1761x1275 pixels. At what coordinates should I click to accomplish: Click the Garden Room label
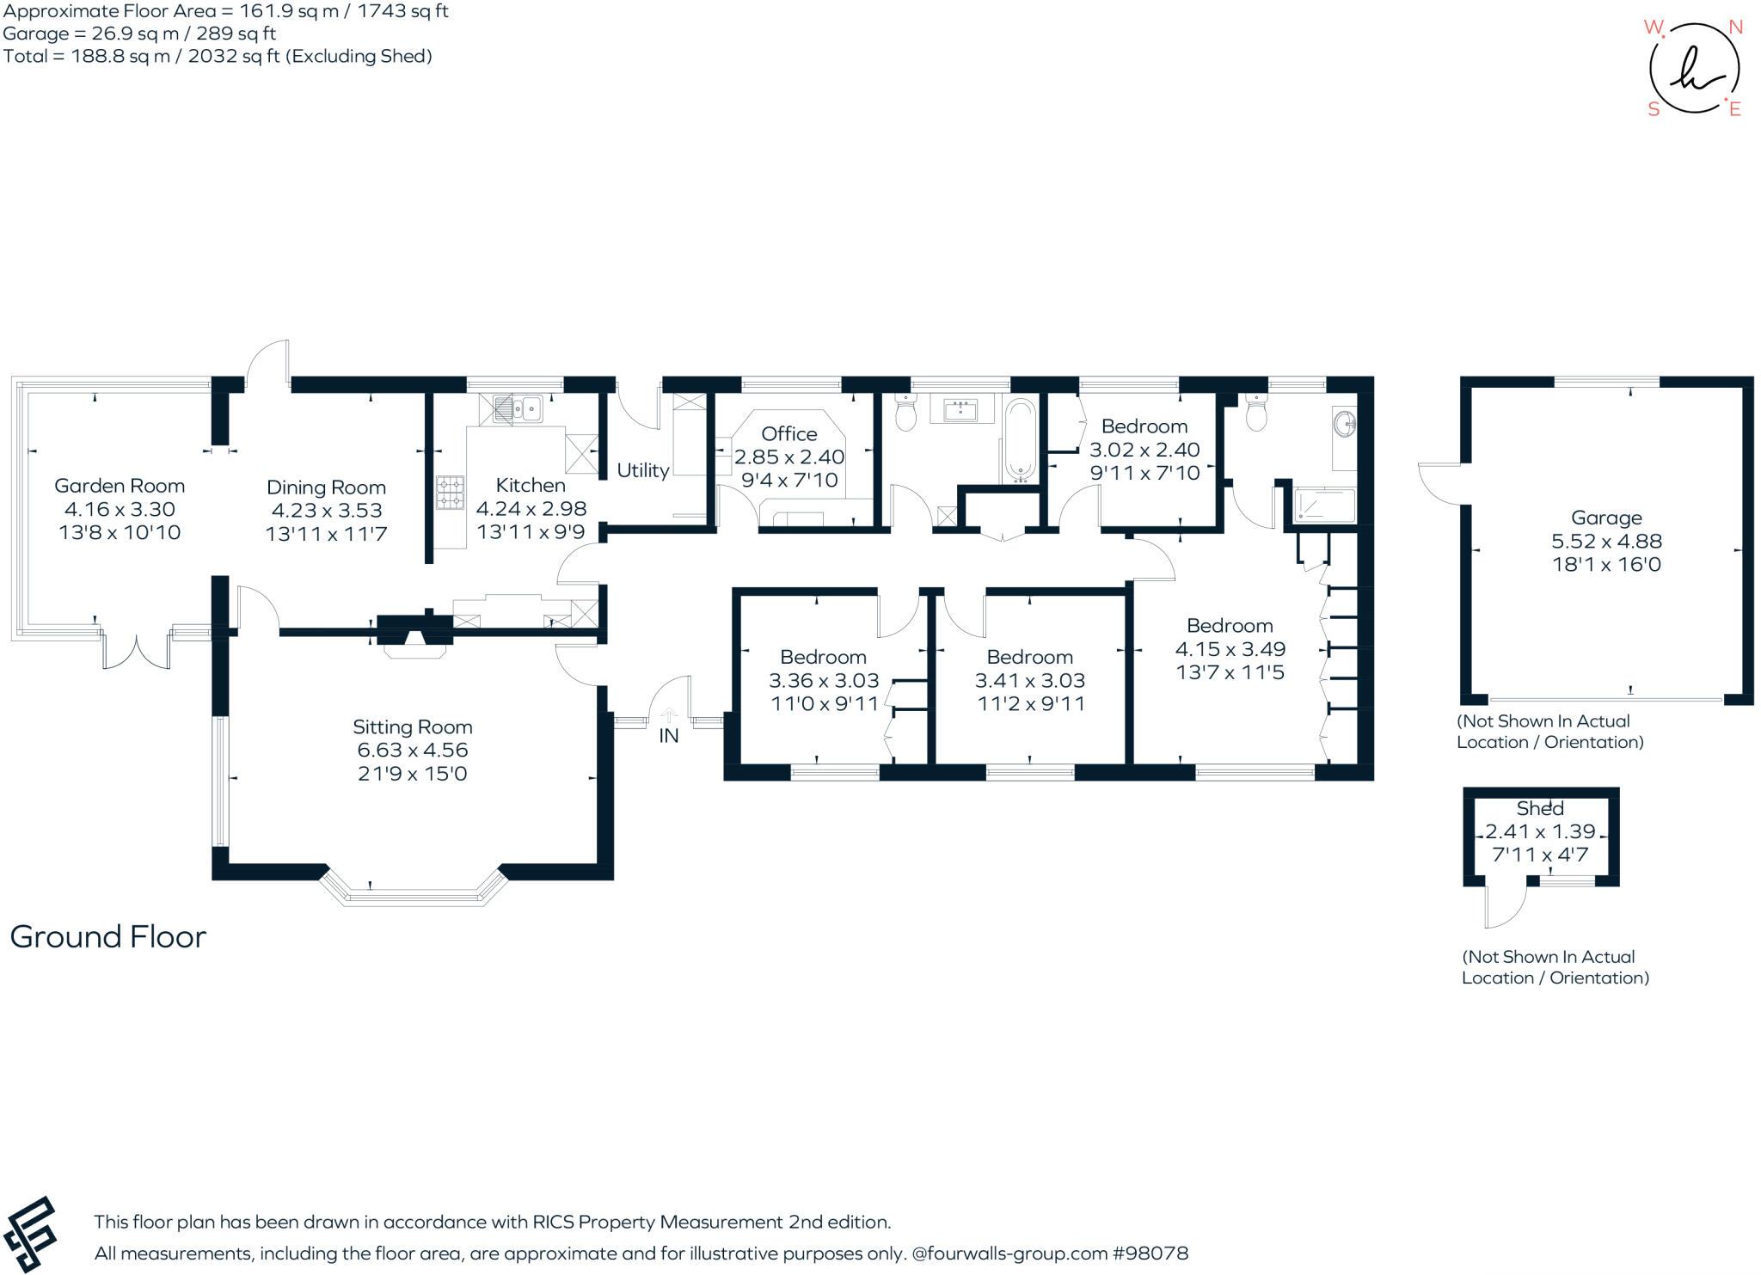(120, 486)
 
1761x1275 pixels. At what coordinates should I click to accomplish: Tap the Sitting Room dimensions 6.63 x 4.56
(413, 750)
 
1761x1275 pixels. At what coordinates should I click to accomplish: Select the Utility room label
(643, 470)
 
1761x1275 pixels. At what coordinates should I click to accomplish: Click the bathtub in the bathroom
(1021, 439)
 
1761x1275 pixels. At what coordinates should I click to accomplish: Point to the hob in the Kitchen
(450, 493)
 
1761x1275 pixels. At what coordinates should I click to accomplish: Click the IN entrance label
(669, 736)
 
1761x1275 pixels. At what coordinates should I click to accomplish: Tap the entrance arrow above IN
(669, 714)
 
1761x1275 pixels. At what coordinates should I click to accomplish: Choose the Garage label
(1606, 518)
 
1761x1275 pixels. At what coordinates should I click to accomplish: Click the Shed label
(1540, 808)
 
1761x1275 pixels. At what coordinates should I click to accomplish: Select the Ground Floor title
(108, 936)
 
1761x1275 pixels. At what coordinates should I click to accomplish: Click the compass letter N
(1735, 28)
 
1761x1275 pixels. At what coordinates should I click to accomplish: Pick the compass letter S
(1654, 109)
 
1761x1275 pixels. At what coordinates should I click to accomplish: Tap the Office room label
(789, 434)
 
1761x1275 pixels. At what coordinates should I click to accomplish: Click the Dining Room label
(326, 487)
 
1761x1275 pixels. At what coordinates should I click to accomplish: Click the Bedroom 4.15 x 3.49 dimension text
(1230, 649)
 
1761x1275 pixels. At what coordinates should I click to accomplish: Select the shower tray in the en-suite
(1324, 505)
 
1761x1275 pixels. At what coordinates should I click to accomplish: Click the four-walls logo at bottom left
(30, 1234)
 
